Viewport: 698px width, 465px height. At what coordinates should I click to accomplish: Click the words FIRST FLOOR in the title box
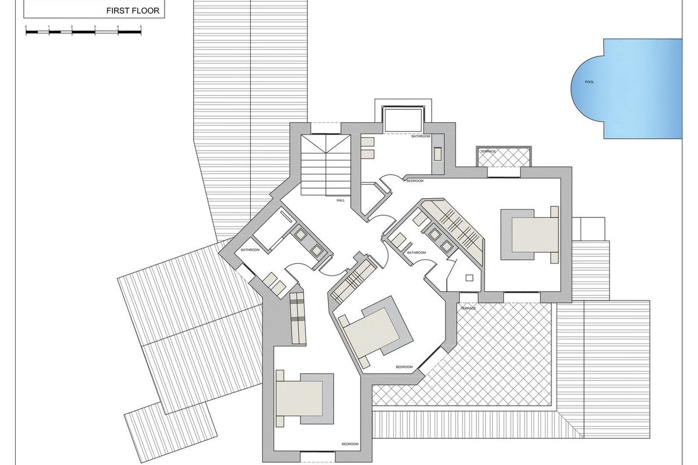(x=133, y=11)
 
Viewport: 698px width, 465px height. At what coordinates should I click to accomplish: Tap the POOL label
(x=589, y=82)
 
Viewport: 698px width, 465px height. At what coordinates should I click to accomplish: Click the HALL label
(x=341, y=201)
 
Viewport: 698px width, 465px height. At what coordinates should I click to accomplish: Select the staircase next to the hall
(x=326, y=165)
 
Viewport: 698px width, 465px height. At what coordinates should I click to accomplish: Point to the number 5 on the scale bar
(x=141, y=27)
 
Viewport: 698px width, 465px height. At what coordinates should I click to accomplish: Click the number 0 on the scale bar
(x=26, y=27)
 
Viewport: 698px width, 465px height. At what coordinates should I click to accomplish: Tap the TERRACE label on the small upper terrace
(x=488, y=151)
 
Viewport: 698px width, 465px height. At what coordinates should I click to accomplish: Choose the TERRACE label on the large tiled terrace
(x=468, y=308)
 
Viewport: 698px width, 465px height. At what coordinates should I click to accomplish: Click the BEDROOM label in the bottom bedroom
(x=350, y=444)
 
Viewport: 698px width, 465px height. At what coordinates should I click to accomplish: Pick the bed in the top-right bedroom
(x=530, y=234)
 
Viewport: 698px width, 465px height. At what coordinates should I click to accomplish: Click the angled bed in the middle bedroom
(x=376, y=332)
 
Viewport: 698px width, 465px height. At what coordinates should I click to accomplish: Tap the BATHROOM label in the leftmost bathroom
(x=250, y=250)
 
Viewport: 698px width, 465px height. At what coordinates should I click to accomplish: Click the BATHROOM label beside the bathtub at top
(x=421, y=136)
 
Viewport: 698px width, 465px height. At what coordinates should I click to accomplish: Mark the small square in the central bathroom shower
(x=469, y=278)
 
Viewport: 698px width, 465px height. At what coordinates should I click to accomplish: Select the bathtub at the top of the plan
(x=403, y=119)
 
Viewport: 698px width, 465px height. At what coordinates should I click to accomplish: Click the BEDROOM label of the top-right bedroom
(x=415, y=181)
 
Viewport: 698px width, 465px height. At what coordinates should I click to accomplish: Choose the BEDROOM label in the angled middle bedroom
(x=404, y=367)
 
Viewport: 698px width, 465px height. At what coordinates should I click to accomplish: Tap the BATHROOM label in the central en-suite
(x=416, y=253)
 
